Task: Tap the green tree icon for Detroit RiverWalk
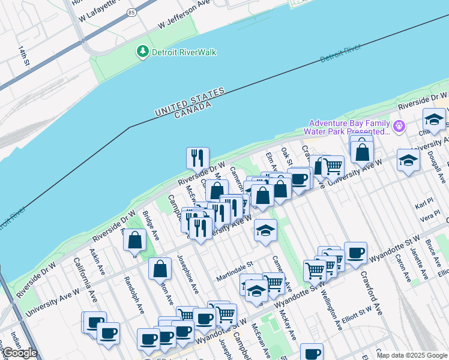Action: pos(143,52)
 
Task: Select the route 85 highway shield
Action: pos(131,11)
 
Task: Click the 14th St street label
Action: pos(22,56)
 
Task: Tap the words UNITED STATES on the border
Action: pos(190,102)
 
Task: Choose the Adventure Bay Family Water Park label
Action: pos(346,127)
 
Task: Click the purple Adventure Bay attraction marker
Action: pos(399,127)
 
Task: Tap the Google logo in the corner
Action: pos(20,353)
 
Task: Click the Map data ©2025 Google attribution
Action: pos(412,355)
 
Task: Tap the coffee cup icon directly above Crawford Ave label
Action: pos(355,253)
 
